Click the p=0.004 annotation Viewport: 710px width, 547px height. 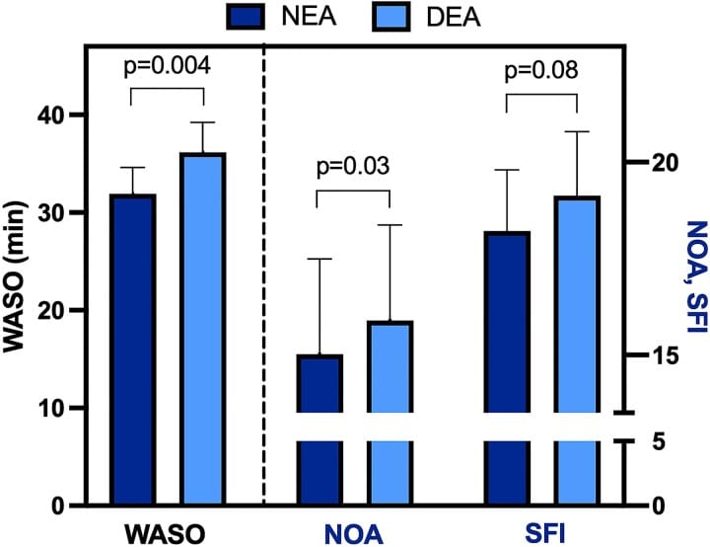pos(167,67)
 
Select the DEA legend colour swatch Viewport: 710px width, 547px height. pos(384,18)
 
